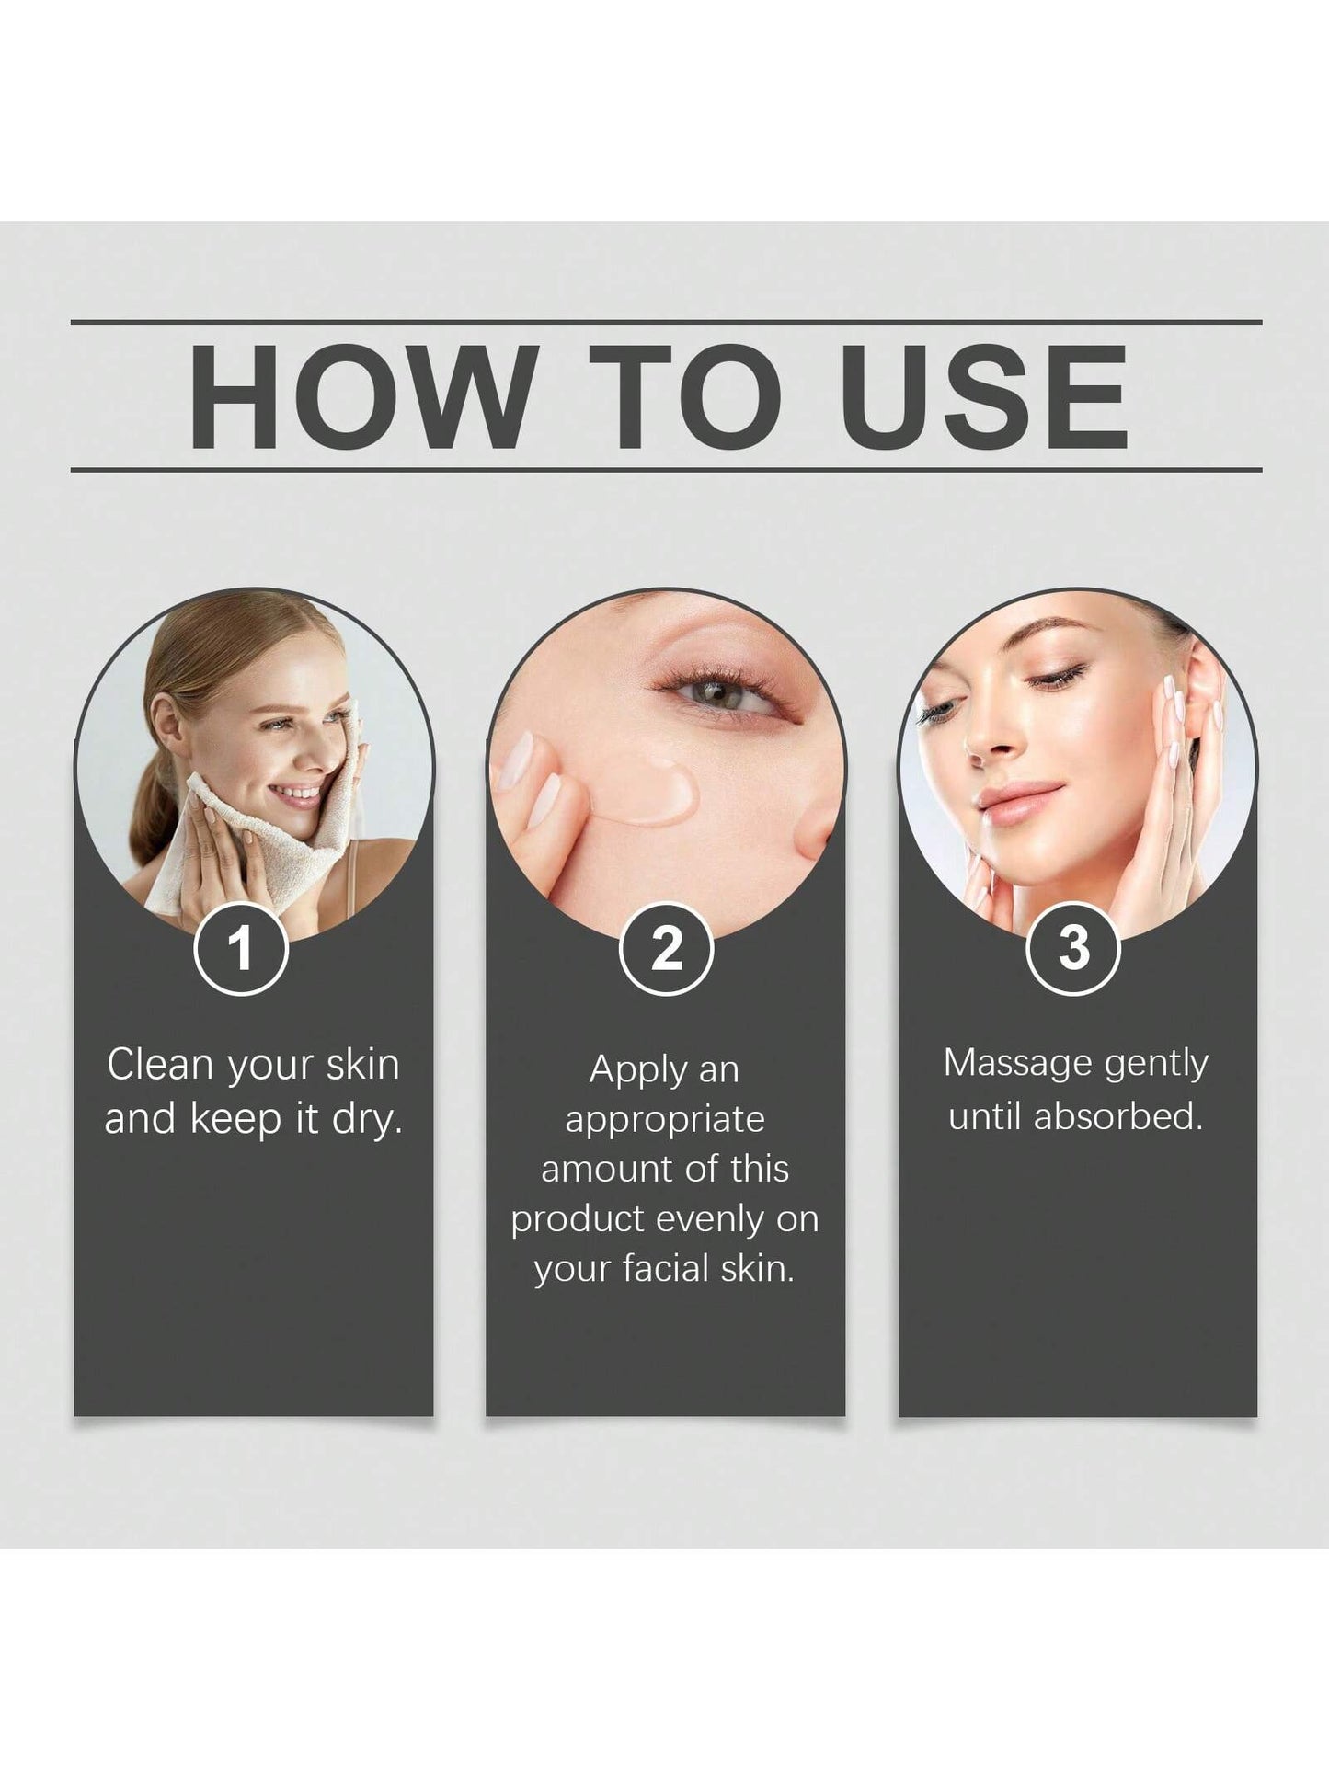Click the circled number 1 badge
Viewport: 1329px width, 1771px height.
[241, 948]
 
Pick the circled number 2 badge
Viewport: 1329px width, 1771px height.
[666, 948]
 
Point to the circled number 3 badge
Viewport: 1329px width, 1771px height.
[1072, 948]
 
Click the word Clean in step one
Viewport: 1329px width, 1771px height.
[160, 1065]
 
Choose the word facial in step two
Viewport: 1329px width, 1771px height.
[662, 1269]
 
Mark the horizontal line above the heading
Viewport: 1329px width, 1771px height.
[666, 322]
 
